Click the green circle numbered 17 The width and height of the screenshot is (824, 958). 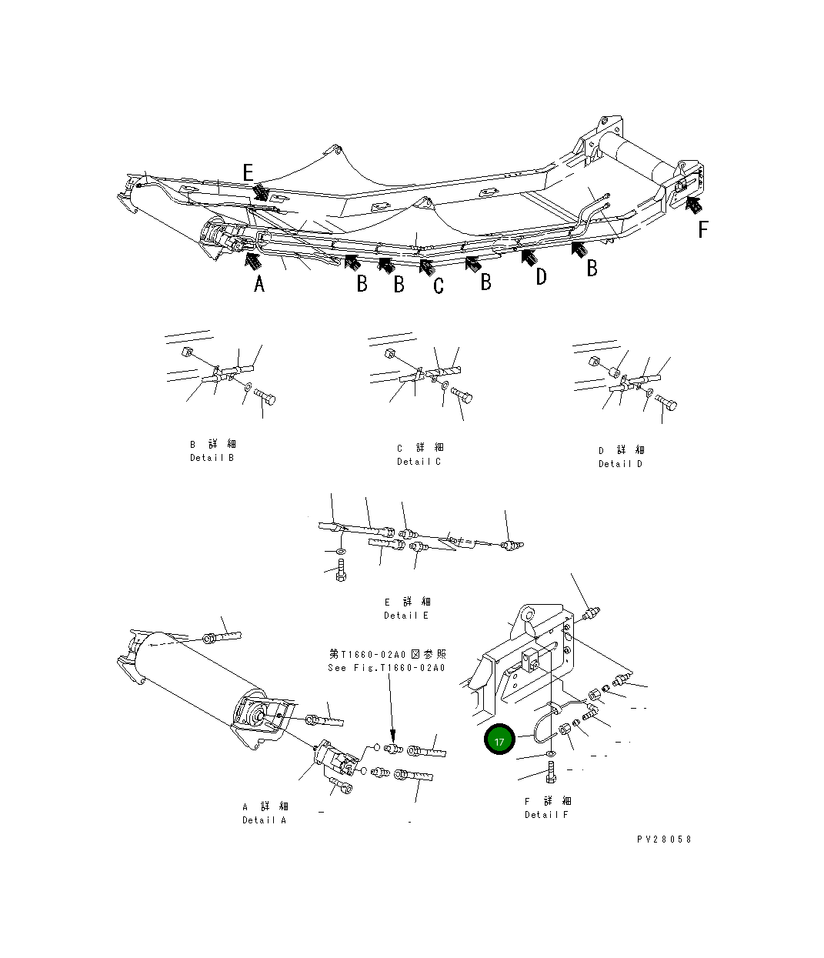[499, 740]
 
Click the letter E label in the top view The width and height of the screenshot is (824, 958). [248, 172]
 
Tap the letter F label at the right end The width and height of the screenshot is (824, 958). [702, 229]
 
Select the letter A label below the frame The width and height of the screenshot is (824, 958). [259, 284]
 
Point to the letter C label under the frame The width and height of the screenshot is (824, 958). [439, 286]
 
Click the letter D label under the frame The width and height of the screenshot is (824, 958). [541, 277]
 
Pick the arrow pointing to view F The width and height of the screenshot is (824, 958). [693, 205]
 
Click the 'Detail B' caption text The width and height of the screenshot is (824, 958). [212, 458]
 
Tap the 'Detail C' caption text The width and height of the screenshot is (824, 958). [419, 462]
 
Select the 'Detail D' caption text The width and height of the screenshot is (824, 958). [620, 464]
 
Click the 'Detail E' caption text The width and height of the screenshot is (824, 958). [406, 616]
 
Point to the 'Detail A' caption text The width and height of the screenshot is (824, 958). [264, 820]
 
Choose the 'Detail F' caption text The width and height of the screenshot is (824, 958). [546, 815]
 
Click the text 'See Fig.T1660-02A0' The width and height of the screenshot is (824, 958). [386, 668]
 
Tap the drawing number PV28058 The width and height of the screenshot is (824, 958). [663, 840]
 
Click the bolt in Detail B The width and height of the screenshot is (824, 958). [265, 398]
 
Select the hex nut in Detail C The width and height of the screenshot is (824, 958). [389, 355]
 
